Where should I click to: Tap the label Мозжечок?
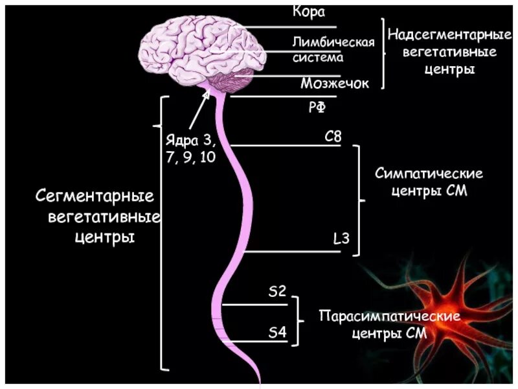(334, 84)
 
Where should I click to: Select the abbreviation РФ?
(316, 108)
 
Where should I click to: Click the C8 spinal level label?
(333, 137)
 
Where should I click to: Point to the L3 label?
(341, 239)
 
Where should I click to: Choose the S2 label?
(277, 292)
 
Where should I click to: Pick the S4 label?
(277, 333)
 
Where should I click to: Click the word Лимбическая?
(333, 43)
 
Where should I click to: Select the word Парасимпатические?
(390, 316)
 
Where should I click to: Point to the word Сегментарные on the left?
(94, 195)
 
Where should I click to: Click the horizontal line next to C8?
(285, 145)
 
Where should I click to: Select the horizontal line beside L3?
(291, 251)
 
